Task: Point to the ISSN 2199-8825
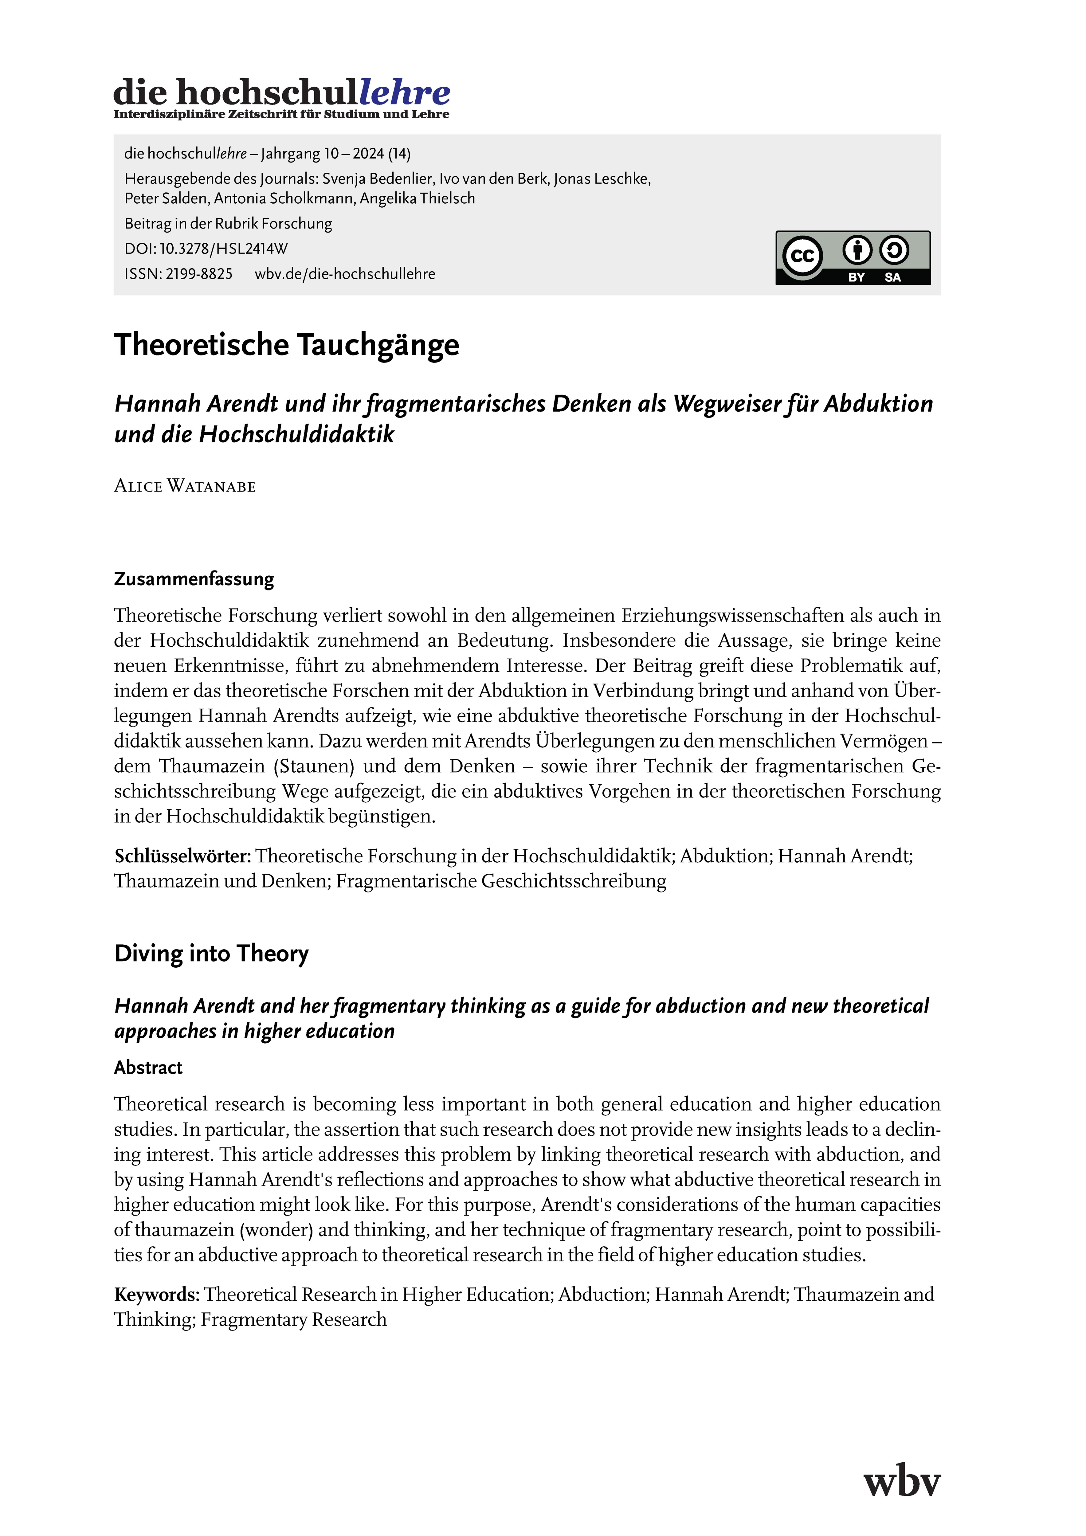(x=199, y=274)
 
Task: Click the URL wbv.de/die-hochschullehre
(x=345, y=274)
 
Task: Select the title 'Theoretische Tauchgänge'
(x=286, y=345)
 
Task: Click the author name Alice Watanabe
(x=185, y=486)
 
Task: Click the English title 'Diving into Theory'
(x=211, y=953)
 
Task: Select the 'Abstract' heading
(x=148, y=1068)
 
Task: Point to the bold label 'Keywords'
(x=156, y=1295)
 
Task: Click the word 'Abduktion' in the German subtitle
(x=878, y=404)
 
